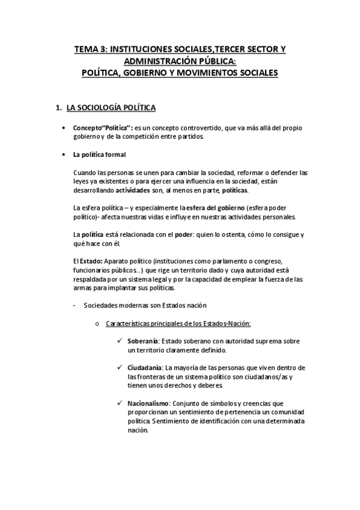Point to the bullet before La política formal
(64, 155)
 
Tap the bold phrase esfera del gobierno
(208, 207)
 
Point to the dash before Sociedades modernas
(73, 305)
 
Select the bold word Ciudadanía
(144, 367)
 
